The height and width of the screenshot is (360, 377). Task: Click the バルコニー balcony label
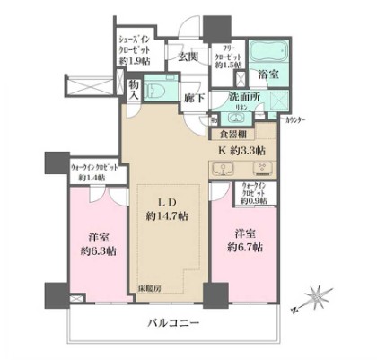(x=175, y=322)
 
